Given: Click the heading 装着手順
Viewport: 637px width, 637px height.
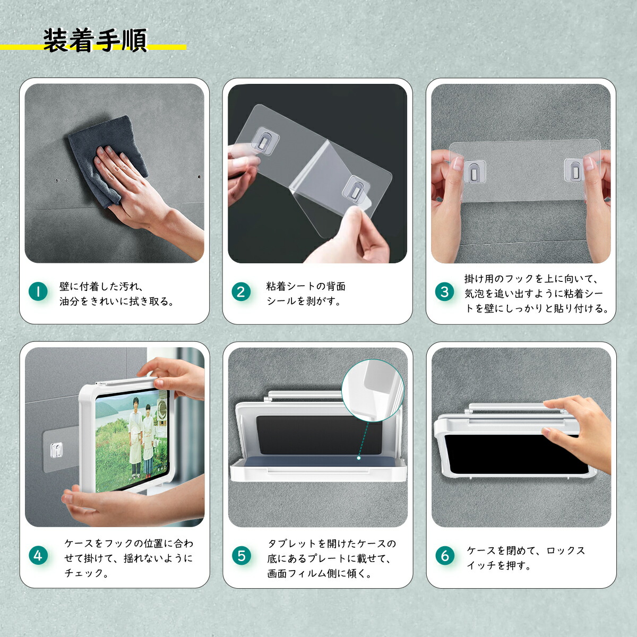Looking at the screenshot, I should click(x=94, y=40).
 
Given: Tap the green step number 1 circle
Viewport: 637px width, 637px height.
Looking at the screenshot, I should click(x=38, y=291).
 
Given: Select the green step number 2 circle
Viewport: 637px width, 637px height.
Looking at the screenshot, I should click(x=241, y=291).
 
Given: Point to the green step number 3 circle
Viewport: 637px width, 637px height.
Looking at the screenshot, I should click(x=445, y=291).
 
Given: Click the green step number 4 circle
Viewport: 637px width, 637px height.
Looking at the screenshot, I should click(x=38, y=556).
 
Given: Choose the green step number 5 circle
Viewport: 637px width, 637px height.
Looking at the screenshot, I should click(x=242, y=556).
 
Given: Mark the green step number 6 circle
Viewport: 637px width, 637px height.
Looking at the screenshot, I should click(x=445, y=556).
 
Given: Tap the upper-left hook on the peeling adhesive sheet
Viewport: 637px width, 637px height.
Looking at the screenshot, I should click(x=264, y=140).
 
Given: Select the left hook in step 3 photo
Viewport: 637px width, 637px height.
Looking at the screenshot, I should click(x=474, y=171).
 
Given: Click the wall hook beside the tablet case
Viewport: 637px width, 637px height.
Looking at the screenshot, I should click(x=56, y=451).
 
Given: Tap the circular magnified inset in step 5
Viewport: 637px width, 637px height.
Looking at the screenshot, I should click(x=373, y=390).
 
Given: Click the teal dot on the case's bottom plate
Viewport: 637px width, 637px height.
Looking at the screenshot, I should click(x=359, y=458).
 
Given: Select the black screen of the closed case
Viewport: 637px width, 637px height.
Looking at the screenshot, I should click(x=515, y=454).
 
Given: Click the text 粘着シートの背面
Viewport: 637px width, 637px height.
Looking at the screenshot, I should click(x=306, y=286).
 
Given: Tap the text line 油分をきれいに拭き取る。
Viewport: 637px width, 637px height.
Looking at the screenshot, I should click(x=117, y=302).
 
